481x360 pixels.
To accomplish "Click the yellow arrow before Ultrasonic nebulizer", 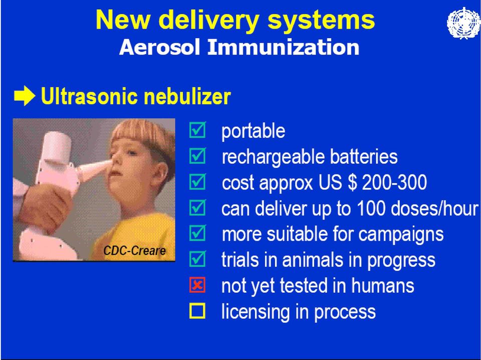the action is [25, 96].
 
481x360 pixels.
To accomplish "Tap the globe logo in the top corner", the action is [463, 24].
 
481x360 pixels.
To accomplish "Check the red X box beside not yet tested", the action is [197, 285].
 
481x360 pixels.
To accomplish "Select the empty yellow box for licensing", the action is [197, 311].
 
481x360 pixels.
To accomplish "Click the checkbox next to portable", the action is [197, 130].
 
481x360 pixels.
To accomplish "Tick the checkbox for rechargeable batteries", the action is [197, 155].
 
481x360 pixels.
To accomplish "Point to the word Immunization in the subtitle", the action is [283, 48].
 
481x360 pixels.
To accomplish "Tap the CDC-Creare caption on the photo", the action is [134, 251].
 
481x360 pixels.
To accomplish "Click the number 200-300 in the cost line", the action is [394, 183].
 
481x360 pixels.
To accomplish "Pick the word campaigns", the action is [401, 235].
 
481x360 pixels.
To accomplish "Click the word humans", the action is [382, 285].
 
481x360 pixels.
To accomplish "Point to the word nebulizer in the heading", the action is [187, 96].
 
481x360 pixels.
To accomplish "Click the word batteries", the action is [364, 156].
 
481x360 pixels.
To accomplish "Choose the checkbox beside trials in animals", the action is [197, 259].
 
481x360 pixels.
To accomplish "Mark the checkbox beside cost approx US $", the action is [197, 182].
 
